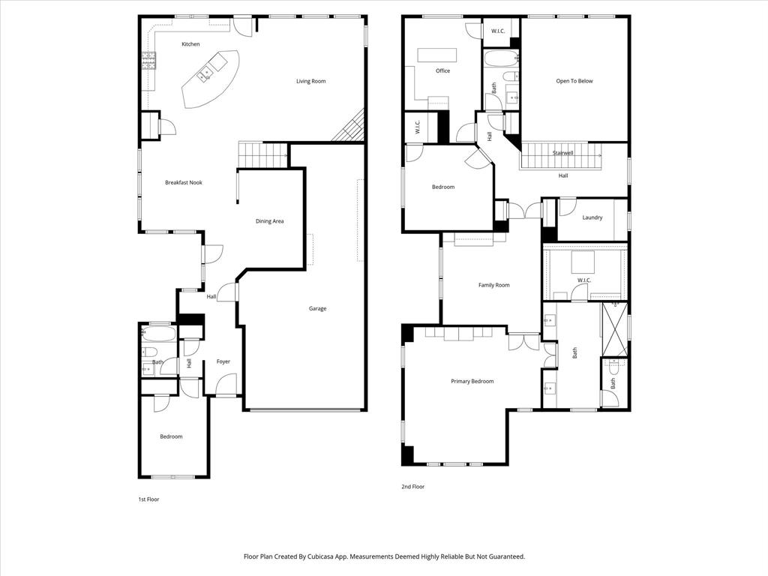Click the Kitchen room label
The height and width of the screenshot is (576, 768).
[x=190, y=44]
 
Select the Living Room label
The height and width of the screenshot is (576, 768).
[x=310, y=81]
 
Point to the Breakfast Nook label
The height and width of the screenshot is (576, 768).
[x=184, y=182]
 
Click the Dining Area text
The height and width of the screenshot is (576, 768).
[x=269, y=221]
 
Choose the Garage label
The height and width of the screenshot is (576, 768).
[x=317, y=308]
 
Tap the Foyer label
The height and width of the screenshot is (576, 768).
[x=223, y=361]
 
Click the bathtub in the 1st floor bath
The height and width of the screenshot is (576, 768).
[x=157, y=334]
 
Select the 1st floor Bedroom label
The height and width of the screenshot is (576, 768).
[x=171, y=436]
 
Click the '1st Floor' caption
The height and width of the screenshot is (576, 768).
[x=148, y=499]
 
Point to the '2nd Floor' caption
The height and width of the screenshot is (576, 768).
[x=412, y=487]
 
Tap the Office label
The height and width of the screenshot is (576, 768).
[x=442, y=71]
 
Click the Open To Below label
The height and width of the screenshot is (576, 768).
[x=574, y=81]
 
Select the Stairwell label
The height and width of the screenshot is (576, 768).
[x=562, y=153]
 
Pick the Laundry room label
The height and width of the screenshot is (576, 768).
[x=592, y=217]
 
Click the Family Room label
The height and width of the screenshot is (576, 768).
[x=493, y=285]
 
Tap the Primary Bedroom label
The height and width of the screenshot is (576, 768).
[x=472, y=381]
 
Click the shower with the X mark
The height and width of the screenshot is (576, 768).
[x=614, y=328]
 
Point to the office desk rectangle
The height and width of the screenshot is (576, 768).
[x=437, y=55]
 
